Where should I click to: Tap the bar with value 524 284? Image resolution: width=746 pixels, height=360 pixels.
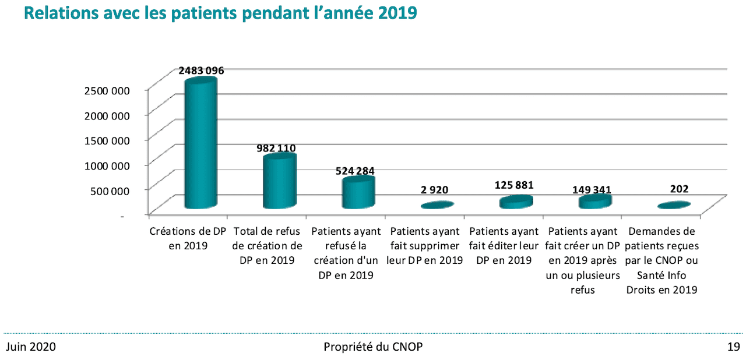coord(358,193)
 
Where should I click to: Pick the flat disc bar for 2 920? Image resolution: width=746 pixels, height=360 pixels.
coord(437,205)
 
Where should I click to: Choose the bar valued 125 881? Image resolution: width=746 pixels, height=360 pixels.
coord(516,202)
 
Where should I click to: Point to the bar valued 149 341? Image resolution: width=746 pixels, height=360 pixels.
coord(594,201)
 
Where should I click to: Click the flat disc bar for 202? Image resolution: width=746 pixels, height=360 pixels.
coord(674,205)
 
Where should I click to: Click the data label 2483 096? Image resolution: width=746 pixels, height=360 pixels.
coord(201,70)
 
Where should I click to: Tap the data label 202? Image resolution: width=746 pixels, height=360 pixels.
coord(679,189)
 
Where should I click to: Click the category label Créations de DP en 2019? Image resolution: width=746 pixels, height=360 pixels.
coord(188,238)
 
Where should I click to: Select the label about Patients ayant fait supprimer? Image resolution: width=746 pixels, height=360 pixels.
coord(425,246)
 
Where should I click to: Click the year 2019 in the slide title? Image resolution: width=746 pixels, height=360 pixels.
coord(396,13)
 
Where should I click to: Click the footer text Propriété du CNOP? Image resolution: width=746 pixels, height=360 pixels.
coord(373,347)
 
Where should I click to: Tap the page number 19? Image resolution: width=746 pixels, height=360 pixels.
coord(733,347)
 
